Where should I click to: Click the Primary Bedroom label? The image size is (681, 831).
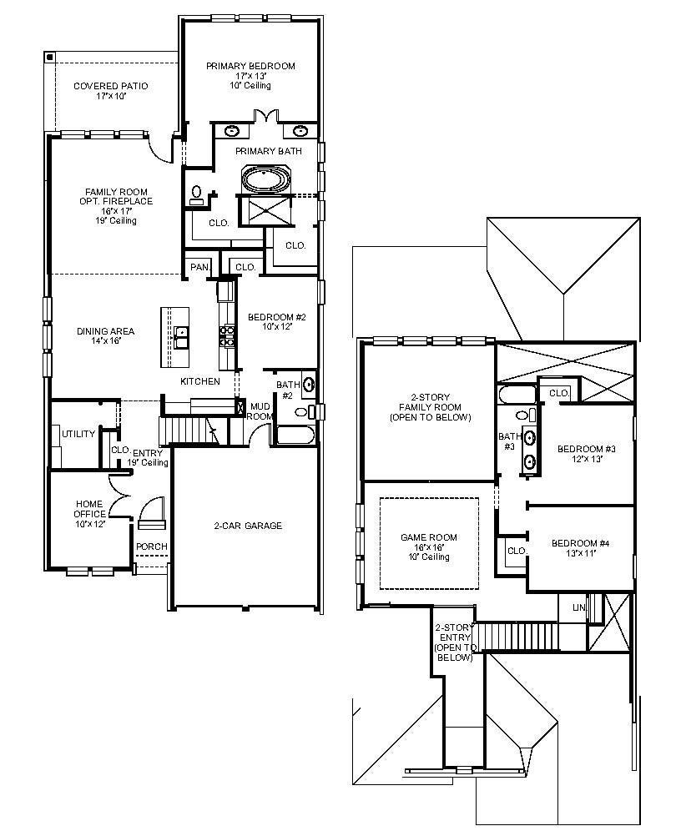[x=250, y=66]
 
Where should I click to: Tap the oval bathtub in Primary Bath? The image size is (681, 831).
[x=266, y=179]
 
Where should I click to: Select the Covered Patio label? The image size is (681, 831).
[x=111, y=86]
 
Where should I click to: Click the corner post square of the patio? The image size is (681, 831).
[x=49, y=56]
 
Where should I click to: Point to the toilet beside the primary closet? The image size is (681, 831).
[x=197, y=194]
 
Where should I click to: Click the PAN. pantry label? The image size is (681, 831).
[x=200, y=267]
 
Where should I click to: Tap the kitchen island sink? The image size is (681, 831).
[x=181, y=337]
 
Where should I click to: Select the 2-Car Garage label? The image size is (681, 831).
[x=248, y=526]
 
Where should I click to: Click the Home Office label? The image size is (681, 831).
[x=89, y=509]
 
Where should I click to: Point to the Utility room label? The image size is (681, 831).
[x=78, y=434]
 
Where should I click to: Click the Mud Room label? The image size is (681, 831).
[x=260, y=411]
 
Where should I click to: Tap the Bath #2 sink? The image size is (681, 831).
[x=309, y=385]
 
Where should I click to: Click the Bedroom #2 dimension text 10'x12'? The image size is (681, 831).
[x=277, y=326]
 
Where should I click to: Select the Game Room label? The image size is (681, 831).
[x=429, y=537]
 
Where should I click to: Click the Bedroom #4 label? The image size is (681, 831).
[x=580, y=543]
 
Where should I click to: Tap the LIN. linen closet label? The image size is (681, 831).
[x=579, y=607]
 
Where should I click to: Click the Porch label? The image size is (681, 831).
[x=152, y=546]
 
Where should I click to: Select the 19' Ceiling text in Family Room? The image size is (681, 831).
[x=116, y=220]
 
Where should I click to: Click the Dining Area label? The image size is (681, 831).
[x=105, y=332]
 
